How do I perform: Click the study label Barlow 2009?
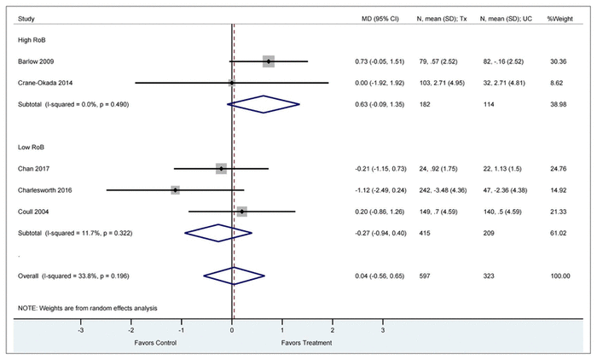(35, 61)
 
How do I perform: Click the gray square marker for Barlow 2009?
(269, 61)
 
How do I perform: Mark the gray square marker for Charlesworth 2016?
(176, 189)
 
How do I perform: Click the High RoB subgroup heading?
(31, 39)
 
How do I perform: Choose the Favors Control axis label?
(156, 342)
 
